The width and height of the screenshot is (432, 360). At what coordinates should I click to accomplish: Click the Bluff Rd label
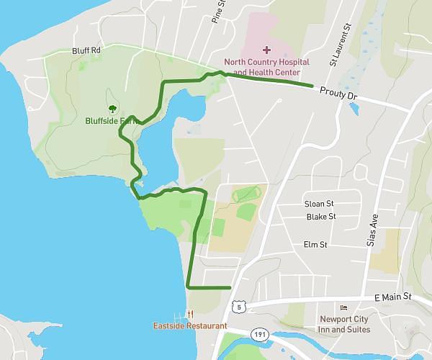pos(86,50)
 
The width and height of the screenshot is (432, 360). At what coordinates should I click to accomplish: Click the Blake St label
pos(321,216)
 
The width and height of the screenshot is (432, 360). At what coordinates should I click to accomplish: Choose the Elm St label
pos(315,245)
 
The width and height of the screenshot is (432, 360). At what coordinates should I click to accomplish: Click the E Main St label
pos(392,296)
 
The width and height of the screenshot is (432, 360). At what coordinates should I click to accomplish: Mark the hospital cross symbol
pos(266,50)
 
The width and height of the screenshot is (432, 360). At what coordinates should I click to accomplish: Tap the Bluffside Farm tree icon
pos(112,109)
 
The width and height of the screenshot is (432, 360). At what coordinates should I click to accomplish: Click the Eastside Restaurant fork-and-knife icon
pos(189,314)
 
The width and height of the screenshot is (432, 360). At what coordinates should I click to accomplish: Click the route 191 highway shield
pos(260,334)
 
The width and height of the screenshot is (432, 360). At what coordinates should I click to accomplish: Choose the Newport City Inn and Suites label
pos(346,324)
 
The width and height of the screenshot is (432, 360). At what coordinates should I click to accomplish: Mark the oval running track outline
pos(246,194)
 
